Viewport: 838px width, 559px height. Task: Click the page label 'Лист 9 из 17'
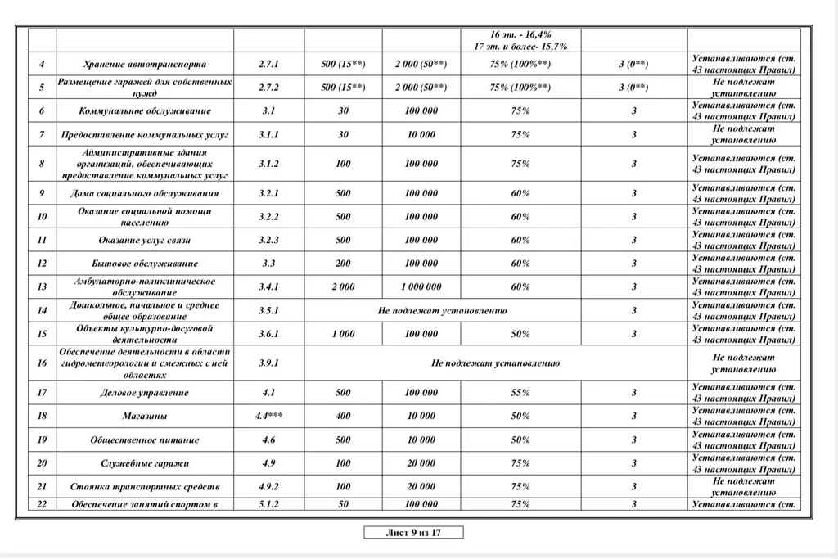click(x=413, y=533)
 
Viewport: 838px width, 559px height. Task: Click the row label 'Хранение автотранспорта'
click(x=145, y=64)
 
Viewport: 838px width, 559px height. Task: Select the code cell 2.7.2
click(x=268, y=88)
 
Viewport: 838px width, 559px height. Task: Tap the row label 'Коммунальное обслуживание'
click(x=145, y=111)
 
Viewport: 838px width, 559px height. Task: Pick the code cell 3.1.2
click(x=268, y=164)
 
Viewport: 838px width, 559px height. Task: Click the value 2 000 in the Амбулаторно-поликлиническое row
click(x=343, y=287)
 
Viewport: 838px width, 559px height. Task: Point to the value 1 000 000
click(x=421, y=287)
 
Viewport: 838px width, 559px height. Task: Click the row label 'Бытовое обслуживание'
click(x=145, y=264)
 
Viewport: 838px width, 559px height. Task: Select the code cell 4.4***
click(x=268, y=416)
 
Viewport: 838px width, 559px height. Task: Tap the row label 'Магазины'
click(x=145, y=416)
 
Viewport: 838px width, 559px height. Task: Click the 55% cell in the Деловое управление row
click(x=520, y=393)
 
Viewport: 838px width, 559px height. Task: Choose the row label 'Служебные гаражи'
click(x=145, y=463)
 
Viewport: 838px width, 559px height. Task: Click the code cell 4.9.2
click(x=268, y=486)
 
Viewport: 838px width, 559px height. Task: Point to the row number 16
click(x=42, y=363)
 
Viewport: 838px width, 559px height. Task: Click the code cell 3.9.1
click(x=268, y=363)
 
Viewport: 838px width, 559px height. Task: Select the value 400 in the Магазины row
click(x=343, y=416)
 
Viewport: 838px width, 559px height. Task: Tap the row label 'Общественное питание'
click(x=145, y=440)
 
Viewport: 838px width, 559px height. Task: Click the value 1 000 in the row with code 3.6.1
click(x=343, y=334)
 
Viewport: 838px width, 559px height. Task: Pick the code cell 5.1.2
click(x=268, y=504)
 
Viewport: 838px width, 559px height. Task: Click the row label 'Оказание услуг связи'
click(x=145, y=240)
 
